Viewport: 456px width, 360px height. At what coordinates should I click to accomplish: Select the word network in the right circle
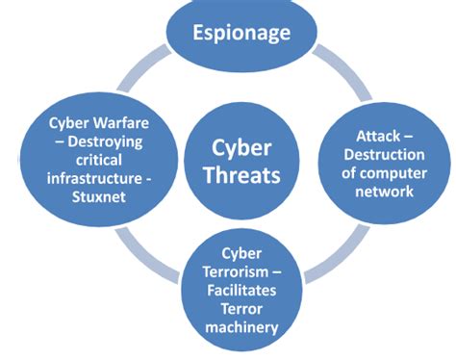click(384, 191)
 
